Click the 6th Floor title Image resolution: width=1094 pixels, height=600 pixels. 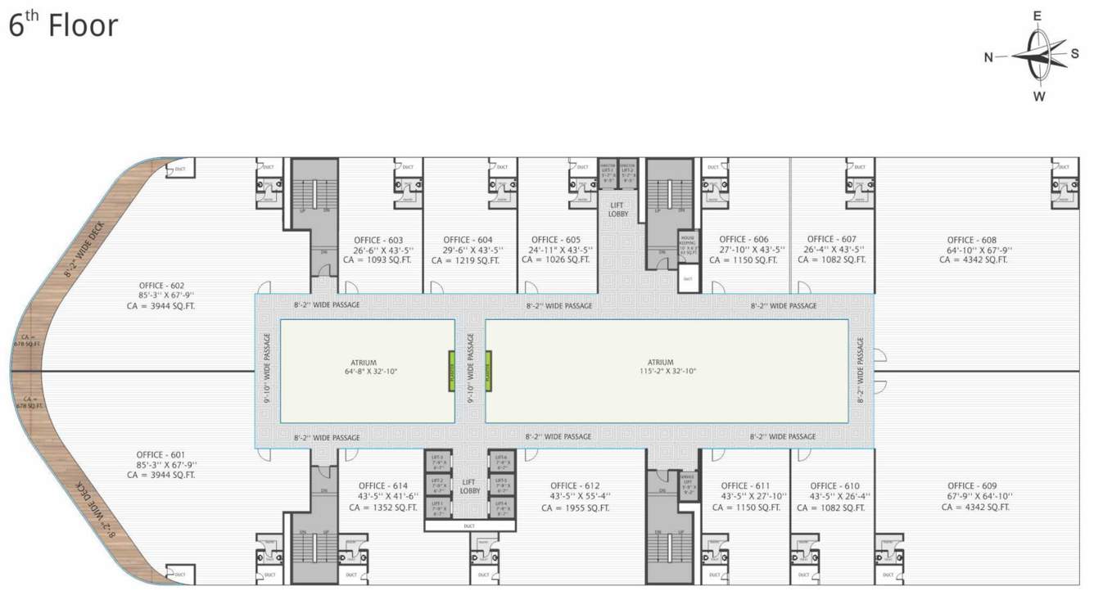coord(63,25)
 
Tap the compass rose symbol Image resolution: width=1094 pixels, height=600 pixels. coord(1038,56)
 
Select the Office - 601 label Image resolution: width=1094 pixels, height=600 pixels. coord(160,454)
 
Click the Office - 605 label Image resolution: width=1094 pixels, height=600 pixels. coord(555,240)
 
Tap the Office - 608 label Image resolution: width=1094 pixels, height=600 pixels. coord(973,240)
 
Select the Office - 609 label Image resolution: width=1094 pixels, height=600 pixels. coord(973,485)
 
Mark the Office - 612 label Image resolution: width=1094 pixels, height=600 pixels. coord(576,485)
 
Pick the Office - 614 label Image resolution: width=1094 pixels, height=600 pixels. coord(382,485)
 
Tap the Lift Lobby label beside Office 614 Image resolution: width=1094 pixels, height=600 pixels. coord(470,486)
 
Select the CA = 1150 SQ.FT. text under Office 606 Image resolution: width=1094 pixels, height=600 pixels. coord(743,260)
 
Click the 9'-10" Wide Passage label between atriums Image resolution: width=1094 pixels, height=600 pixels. coord(470,370)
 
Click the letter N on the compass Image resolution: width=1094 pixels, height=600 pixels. coord(988,56)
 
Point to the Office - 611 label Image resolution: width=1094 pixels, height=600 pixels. coord(746,485)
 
